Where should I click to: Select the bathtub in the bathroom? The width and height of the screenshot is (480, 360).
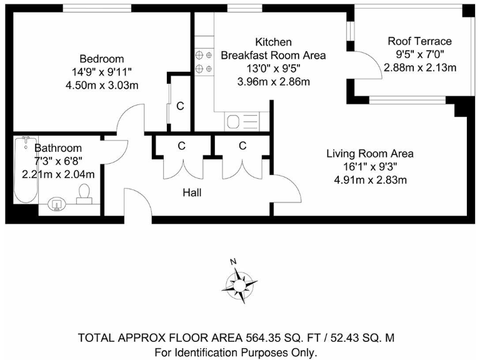coord(26,170)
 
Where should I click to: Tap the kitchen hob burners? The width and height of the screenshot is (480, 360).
coord(202,62)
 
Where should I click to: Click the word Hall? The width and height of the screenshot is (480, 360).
coord(192,193)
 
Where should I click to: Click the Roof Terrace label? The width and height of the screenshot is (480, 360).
coord(419,41)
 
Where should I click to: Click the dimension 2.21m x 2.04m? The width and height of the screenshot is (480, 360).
coord(58,174)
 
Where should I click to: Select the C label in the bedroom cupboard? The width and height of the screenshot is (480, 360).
coord(180,106)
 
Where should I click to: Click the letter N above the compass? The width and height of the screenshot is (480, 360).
coord(232,262)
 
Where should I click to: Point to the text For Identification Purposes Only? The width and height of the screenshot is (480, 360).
coord(236,352)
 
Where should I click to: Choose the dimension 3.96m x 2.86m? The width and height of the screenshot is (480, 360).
coord(274,82)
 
